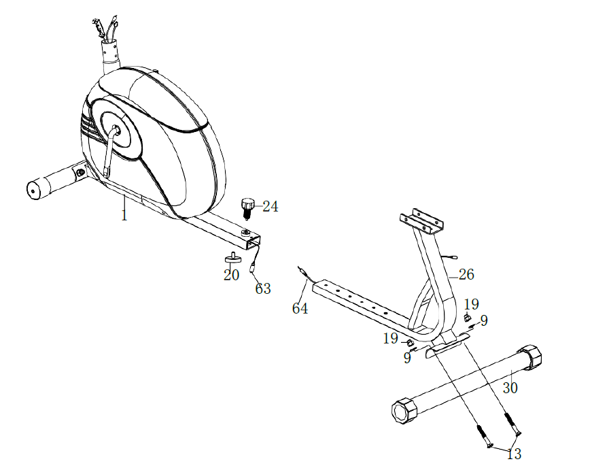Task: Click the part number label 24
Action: pyautogui.click(x=271, y=207)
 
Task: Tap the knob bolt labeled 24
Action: pyautogui.click(x=247, y=208)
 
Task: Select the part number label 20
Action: pyautogui.click(x=232, y=275)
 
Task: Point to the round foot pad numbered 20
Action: pyautogui.click(x=233, y=258)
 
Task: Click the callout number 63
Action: pyautogui.click(x=263, y=289)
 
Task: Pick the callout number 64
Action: pyautogui.click(x=300, y=309)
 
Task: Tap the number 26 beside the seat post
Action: pyautogui.click(x=466, y=275)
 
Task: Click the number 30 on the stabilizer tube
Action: pyautogui.click(x=510, y=388)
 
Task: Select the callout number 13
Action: pyautogui.click(x=514, y=454)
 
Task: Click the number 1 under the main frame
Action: pyautogui.click(x=124, y=215)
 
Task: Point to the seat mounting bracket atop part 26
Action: pyautogui.click(x=421, y=221)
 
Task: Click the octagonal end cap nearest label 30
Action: pyautogui.click(x=530, y=356)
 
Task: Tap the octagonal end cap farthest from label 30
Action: pyautogui.click(x=404, y=410)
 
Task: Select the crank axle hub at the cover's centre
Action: pyautogui.click(x=116, y=131)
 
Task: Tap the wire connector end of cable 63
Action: pyautogui.click(x=251, y=269)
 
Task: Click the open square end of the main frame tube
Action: pyautogui.click(x=252, y=241)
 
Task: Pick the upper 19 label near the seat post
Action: pyautogui.click(x=471, y=304)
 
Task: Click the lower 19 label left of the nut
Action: pyautogui.click(x=390, y=338)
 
